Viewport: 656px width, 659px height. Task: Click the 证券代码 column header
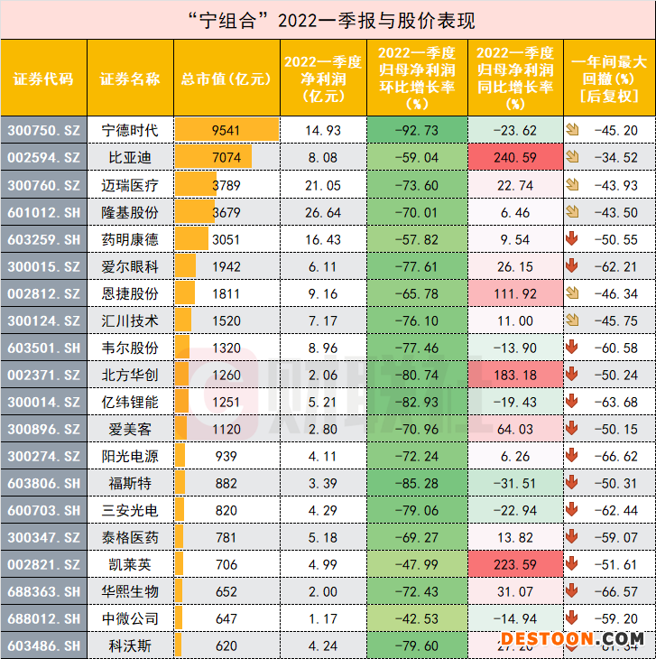(x=44, y=78)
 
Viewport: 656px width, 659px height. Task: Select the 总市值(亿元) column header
(x=226, y=78)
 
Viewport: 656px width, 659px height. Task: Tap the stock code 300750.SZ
(x=44, y=130)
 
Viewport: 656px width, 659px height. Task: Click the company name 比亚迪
(x=128, y=157)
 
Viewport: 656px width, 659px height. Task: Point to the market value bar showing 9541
(x=226, y=130)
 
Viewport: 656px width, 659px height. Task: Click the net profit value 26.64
(x=323, y=212)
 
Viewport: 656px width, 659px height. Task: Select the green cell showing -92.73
(x=416, y=130)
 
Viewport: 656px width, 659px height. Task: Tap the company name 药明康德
(x=128, y=239)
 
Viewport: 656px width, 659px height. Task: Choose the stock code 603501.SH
(x=44, y=348)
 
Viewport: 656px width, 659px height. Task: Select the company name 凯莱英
(x=128, y=564)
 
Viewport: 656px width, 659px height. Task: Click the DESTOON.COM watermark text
(x=573, y=638)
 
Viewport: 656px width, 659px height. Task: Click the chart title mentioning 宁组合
(x=328, y=20)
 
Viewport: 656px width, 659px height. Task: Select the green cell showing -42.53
(x=416, y=618)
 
